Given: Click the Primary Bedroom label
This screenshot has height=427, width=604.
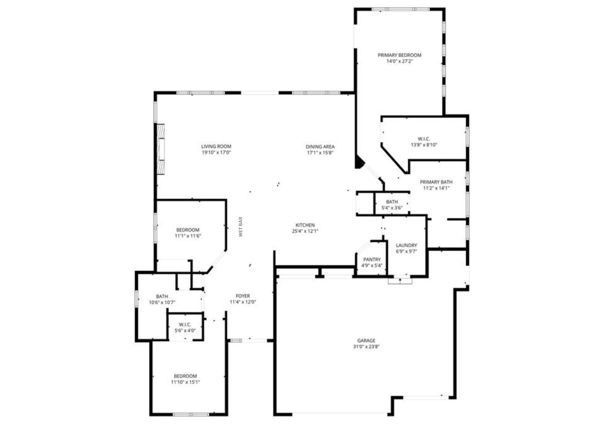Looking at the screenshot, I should (x=399, y=55).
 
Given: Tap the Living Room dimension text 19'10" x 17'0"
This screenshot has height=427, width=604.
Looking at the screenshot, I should (x=216, y=153).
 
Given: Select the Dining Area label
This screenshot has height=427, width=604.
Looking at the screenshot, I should (x=320, y=147).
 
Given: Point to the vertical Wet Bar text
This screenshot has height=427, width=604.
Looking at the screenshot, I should (x=241, y=227).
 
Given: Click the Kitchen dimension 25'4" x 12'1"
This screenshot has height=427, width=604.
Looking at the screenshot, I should (x=305, y=231).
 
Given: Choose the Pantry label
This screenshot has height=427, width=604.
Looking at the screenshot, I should (x=372, y=259).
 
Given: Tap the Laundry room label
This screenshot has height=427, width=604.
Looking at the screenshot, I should (x=406, y=245).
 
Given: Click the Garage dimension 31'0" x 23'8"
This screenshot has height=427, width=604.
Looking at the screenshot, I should (x=366, y=347).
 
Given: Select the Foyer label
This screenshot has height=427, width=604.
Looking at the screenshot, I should (x=243, y=296).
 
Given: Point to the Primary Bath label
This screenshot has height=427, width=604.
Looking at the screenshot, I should (x=436, y=182).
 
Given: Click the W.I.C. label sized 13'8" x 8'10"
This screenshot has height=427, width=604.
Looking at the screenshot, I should (x=424, y=139).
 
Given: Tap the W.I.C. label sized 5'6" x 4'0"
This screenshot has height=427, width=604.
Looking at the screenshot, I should (x=185, y=324).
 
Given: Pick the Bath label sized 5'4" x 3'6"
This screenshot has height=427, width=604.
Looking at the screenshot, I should (x=392, y=202).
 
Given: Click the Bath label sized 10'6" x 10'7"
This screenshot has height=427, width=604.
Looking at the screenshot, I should (x=162, y=296).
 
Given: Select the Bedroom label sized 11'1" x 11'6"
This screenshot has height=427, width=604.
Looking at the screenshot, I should (x=188, y=230).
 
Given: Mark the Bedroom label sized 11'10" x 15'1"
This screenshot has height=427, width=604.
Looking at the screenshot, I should (x=185, y=376).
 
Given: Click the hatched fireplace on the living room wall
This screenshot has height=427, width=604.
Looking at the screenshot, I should (x=161, y=149).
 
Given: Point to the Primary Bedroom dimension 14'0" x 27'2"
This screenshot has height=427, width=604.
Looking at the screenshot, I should (x=399, y=61).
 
